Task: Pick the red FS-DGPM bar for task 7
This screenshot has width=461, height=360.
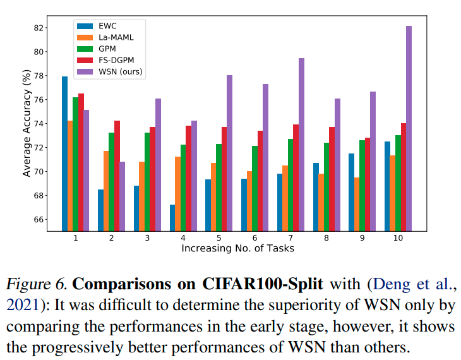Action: coord(296,177)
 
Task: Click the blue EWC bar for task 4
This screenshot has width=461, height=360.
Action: coord(172,217)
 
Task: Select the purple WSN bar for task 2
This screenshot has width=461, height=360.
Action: coord(122,196)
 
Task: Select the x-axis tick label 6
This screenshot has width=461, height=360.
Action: coord(254,237)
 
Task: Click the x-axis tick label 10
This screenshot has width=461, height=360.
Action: coord(397,237)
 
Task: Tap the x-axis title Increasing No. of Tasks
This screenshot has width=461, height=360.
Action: coord(237,248)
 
